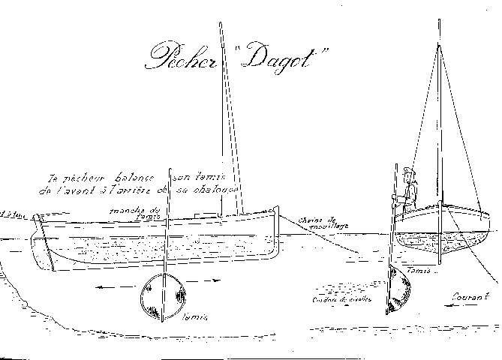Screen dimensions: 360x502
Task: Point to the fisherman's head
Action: [407, 172]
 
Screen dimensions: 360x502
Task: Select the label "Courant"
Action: [467, 296]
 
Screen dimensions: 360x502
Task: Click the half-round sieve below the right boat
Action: [400, 292]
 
